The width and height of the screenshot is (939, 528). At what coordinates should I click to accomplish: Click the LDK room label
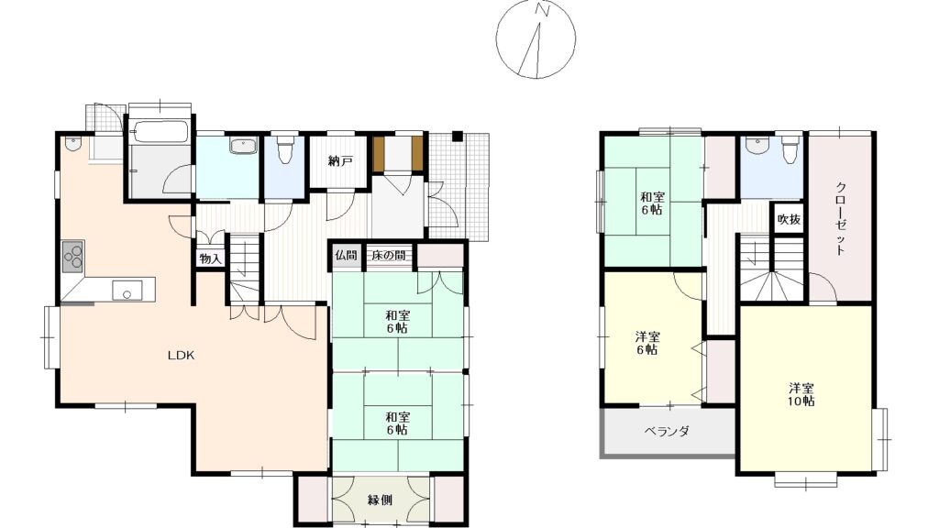pos(181,355)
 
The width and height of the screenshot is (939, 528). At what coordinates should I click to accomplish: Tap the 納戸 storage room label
pos(340,161)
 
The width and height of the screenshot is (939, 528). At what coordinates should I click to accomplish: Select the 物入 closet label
pos(210,258)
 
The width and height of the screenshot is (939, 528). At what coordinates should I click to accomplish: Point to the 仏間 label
pos(346,255)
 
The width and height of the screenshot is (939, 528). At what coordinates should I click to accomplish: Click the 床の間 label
pos(388,255)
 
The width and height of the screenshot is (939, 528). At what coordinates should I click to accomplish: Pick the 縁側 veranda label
pos(380,500)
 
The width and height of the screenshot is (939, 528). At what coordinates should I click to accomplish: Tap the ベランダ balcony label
pos(667,431)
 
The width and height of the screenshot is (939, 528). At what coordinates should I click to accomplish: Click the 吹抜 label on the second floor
pos(789,220)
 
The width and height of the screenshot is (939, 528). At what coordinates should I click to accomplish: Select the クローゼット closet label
pos(840,218)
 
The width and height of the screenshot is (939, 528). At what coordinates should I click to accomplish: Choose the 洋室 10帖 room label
pos(801,394)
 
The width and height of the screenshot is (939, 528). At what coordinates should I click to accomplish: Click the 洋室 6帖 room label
pos(646,343)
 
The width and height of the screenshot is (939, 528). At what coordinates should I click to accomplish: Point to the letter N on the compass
pos(543,10)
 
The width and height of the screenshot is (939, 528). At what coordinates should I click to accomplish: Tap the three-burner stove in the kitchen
pos(73,257)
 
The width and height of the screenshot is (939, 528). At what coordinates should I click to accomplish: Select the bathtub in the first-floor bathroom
pos(160,131)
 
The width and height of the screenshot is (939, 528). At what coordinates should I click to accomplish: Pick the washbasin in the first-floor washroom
pos(243,146)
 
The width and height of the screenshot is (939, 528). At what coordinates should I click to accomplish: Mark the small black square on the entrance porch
pos(457,136)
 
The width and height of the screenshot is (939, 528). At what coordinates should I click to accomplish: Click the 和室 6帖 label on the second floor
pos(652,203)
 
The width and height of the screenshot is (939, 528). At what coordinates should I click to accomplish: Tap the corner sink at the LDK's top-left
pos(72,144)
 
